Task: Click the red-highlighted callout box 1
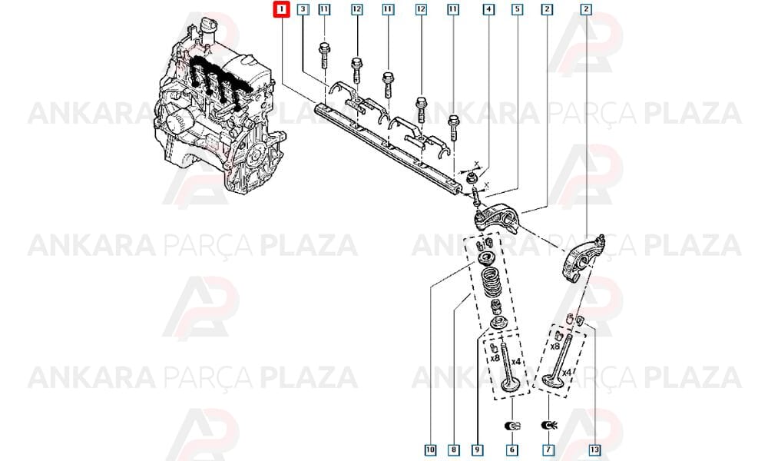[x=282, y=9]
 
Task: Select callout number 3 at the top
[x=303, y=9]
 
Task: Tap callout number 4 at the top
[x=488, y=9]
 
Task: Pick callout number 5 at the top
[x=517, y=9]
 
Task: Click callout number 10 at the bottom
[x=430, y=449]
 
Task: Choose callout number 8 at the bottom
[x=454, y=449]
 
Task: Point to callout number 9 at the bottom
[x=477, y=449]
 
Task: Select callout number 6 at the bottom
[x=511, y=449]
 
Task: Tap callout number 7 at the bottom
[x=548, y=449]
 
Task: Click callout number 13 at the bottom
[x=594, y=449]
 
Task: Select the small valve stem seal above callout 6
[x=512, y=425]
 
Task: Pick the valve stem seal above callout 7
[x=549, y=425]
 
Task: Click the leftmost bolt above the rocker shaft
[x=324, y=55]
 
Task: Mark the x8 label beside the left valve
[x=495, y=358]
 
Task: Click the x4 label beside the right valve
[x=566, y=373]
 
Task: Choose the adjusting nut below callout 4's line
[x=472, y=178]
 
